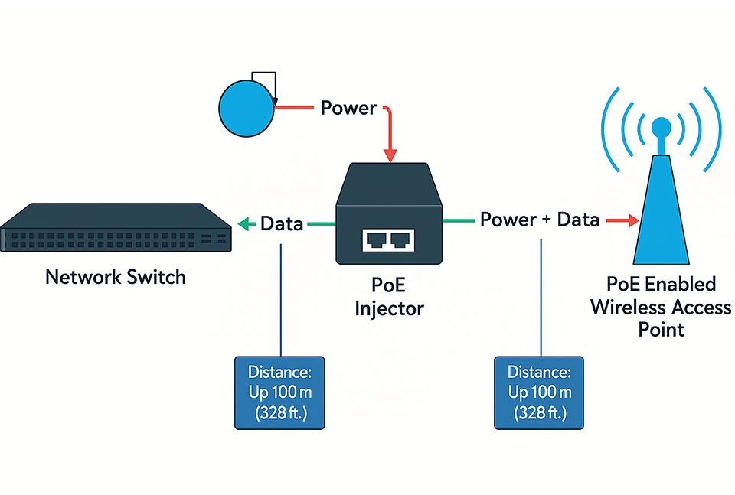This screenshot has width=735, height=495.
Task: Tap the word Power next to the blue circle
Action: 348,108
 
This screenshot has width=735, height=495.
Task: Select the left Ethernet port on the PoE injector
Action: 376,240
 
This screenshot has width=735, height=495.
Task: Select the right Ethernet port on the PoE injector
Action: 400,240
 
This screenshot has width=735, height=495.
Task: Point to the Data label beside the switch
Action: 282,223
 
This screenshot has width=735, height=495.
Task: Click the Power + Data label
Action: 540,220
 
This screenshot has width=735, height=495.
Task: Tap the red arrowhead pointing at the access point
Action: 632,221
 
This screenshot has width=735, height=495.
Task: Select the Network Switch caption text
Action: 116,276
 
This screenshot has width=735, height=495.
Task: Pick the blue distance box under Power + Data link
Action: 540,392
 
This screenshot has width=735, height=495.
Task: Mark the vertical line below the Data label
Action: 283,298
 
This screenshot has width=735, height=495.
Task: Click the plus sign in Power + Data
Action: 546,220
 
